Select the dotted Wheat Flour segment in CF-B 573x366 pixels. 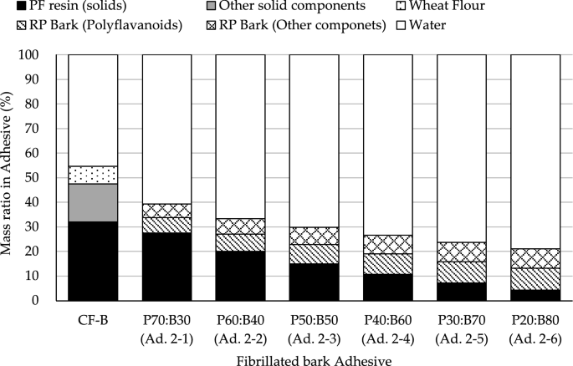pos(92,175)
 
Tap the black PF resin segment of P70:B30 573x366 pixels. pos(166,267)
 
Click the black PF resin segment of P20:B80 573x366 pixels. pos(535,295)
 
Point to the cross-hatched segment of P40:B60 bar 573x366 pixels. pos(387,244)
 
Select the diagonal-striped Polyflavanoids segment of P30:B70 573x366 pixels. pos(461,272)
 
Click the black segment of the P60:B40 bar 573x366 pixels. pos(240,276)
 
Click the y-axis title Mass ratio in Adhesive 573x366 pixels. pos(11,177)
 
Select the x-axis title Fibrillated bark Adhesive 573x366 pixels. pos(313,357)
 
